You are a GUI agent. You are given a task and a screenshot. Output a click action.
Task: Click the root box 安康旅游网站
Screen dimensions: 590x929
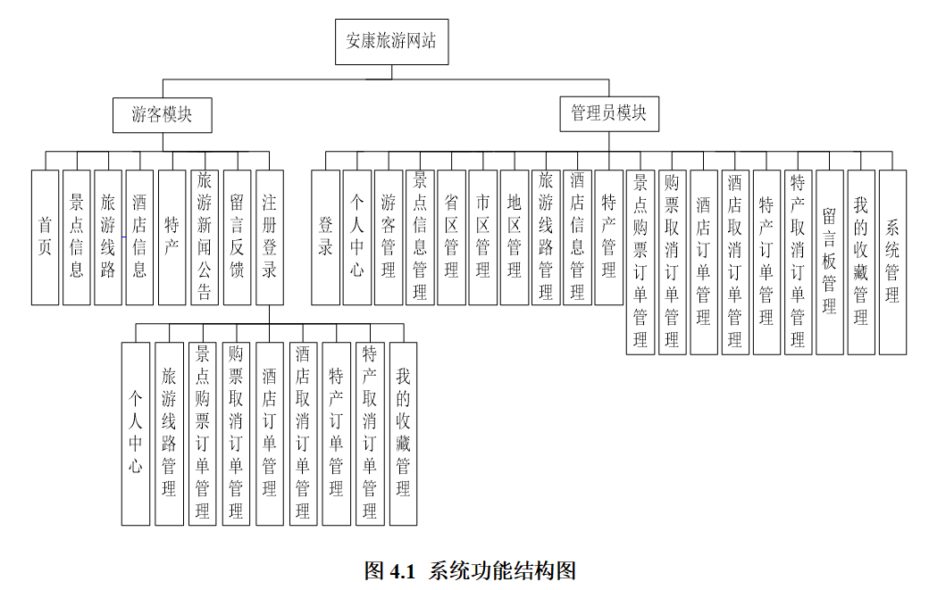[x=391, y=41]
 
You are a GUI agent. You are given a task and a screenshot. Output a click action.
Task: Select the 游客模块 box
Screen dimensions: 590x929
[x=162, y=114]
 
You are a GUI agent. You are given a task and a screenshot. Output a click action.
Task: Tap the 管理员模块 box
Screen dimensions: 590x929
[x=609, y=113]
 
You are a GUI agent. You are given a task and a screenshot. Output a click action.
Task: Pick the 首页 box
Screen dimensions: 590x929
[x=45, y=237]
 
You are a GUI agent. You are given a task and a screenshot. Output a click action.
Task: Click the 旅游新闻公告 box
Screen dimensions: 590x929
[x=204, y=237]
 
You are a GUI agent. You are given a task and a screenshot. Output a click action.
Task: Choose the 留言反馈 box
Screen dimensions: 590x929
[x=237, y=237]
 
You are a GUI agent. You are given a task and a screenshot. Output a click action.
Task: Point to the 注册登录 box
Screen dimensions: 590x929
[x=269, y=237]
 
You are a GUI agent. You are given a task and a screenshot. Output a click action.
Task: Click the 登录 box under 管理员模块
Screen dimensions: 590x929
[x=325, y=237]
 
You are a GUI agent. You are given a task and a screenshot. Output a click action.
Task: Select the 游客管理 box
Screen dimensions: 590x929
[x=389, y=237]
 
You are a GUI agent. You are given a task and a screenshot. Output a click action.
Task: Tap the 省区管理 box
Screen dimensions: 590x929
[x=451, y=237]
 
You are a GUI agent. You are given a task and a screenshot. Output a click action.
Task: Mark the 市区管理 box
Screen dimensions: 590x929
[x=482, y=237]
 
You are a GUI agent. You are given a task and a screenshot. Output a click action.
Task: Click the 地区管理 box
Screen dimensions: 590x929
[x=515, y=237]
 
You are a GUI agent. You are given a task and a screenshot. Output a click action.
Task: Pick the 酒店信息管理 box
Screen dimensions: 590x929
[x=577, y=237]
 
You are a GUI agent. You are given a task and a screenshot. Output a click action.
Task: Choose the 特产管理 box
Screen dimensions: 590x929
[x=608, y=237]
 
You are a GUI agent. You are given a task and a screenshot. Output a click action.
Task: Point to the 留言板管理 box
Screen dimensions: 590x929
[x=829, y=260]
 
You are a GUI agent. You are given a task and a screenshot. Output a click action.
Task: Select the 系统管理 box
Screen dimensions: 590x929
[x=892, y=260]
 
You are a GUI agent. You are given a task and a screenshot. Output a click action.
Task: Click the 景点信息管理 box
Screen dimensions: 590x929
[x=420, y=237]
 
